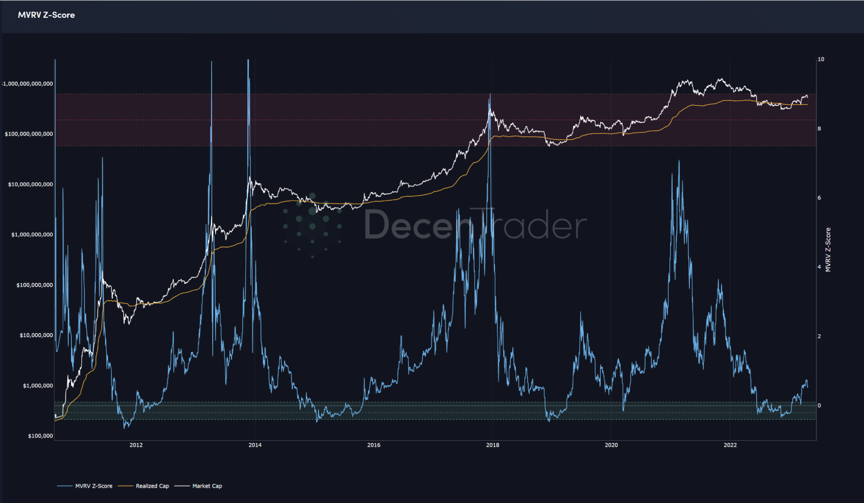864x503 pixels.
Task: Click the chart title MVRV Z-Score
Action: [x=46, y=15]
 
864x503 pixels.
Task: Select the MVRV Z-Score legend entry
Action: [x=93, y=486]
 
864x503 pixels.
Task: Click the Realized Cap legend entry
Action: [x=152, y=486]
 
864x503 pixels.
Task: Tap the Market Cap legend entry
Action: [x=207, y=486]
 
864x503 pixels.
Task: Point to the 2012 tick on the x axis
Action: [x=136, y=445]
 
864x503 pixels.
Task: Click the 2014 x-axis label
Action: [x=255, y=445]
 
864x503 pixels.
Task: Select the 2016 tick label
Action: [x=374, y=445]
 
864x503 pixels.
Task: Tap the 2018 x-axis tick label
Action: [x=493, y=445]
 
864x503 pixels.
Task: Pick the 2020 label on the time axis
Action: [x=611, y=445]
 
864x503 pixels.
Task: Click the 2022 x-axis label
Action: [x=730, y=445]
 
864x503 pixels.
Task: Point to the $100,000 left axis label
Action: [x=41, y=436]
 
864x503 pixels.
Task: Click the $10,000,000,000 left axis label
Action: [x=31, y=185]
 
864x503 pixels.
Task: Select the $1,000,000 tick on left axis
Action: [x=38, y=386]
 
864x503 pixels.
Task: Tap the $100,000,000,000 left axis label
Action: [x=29, y=134]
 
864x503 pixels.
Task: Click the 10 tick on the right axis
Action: [x=821, y=59]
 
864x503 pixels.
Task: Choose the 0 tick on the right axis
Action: [x=819, y=406]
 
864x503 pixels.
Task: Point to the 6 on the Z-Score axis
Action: [x=819, y=198]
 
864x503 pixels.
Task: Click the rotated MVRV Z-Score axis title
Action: [x=828, y=250]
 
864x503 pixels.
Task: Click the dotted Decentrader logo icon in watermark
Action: [x=312, y=225]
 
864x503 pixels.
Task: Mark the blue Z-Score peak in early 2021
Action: [x=679, y=161]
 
